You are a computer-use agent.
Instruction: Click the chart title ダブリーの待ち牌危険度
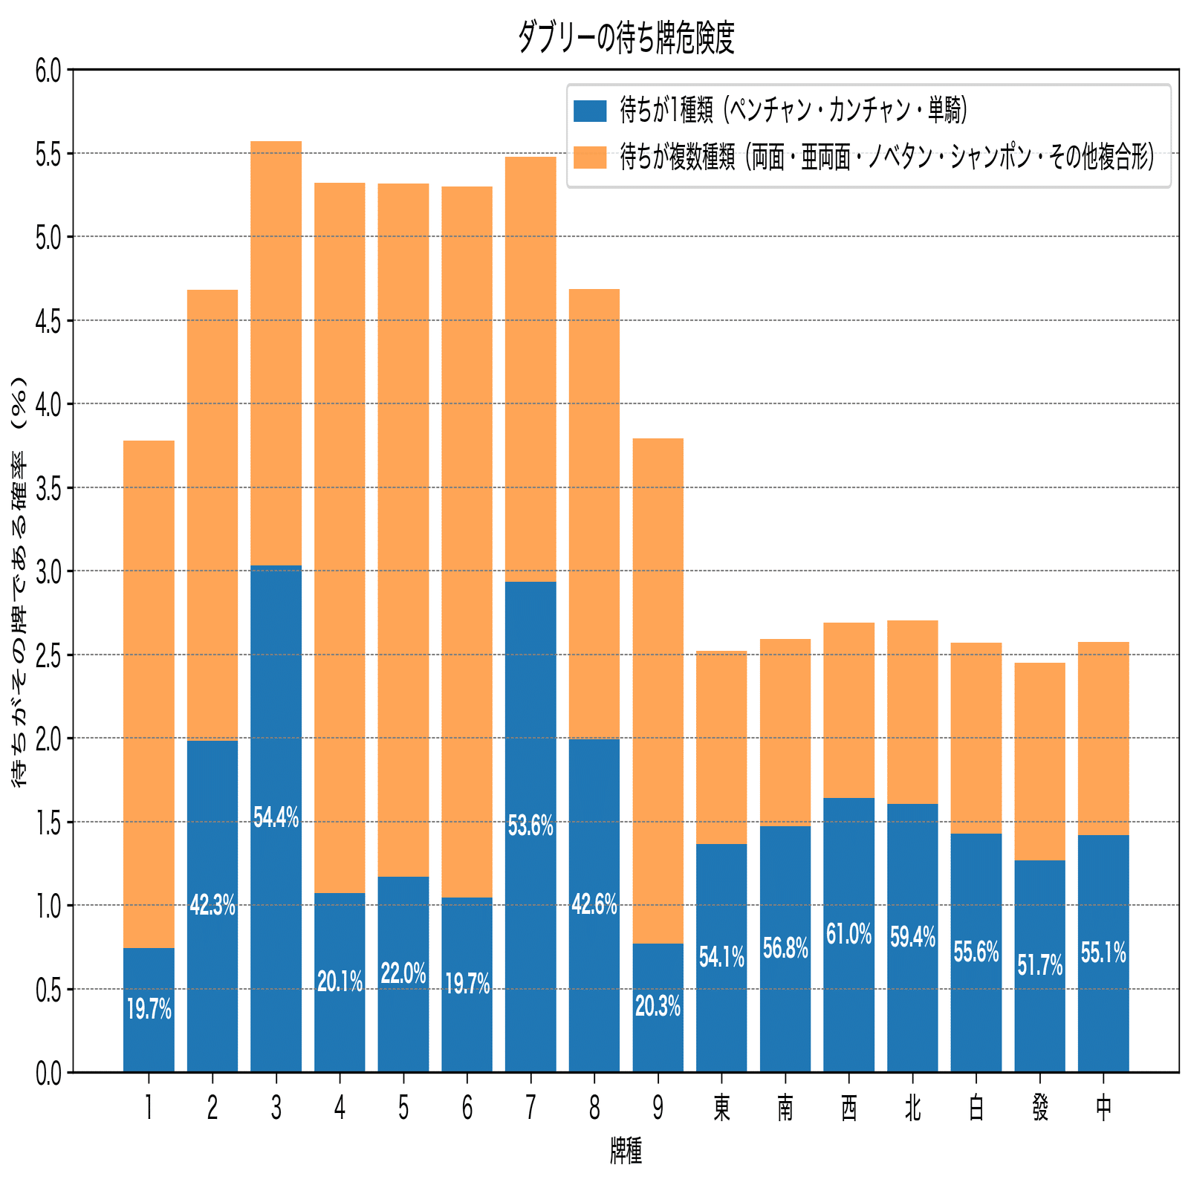(626, 38)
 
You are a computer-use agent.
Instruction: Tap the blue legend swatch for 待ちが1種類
(590, 111)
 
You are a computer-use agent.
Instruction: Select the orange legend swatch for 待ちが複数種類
(590, 158)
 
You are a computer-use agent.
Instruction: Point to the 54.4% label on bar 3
(276, 818)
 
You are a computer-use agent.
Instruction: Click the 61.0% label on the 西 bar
(848, 935)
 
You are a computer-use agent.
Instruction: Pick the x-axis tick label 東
(721, 1109)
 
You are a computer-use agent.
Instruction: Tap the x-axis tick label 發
(1039, 1109)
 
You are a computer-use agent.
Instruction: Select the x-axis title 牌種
(626, 1151)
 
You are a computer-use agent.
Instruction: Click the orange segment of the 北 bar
(912, 712)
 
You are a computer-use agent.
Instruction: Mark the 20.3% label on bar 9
(658, 1007)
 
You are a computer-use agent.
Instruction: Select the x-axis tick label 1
(149, 1109)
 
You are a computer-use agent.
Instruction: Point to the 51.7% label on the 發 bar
(1039, 966)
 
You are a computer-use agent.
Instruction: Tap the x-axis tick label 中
(1103, 1109)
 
